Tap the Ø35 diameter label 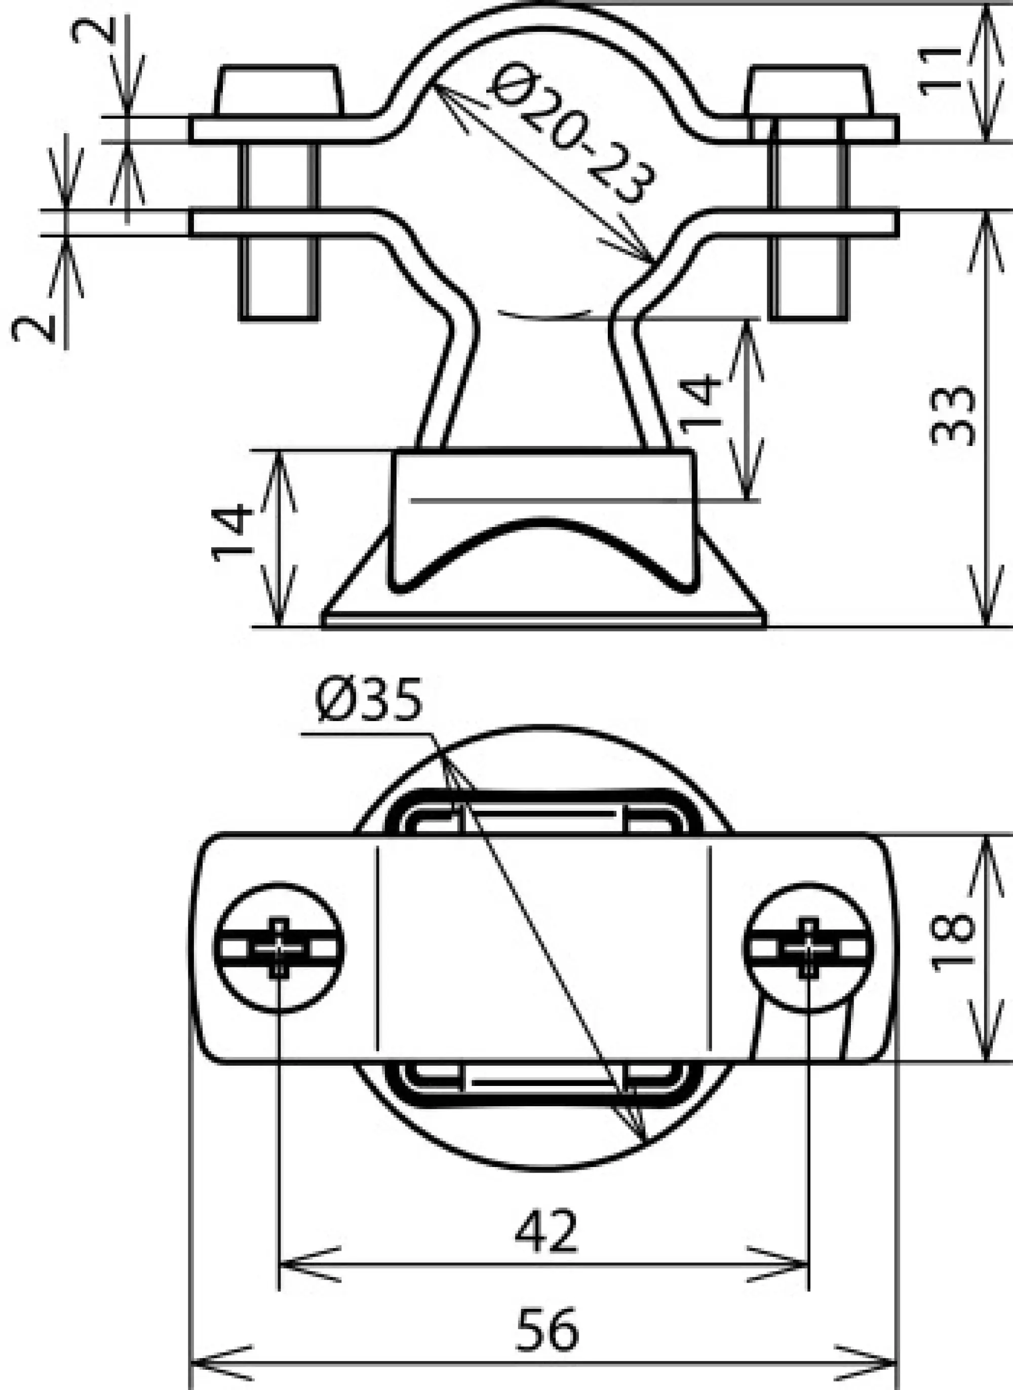click(369, 700)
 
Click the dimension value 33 click(952, 416)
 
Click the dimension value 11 click(941, 70)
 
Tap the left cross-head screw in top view click(279, 948)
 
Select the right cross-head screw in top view click(809, 948)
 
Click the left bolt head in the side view click(279, 90)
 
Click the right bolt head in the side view click(808, 90)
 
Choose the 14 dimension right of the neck click(700, 404)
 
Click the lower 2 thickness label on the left click(34, 329)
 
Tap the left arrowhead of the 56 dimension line click(203, 1364)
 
